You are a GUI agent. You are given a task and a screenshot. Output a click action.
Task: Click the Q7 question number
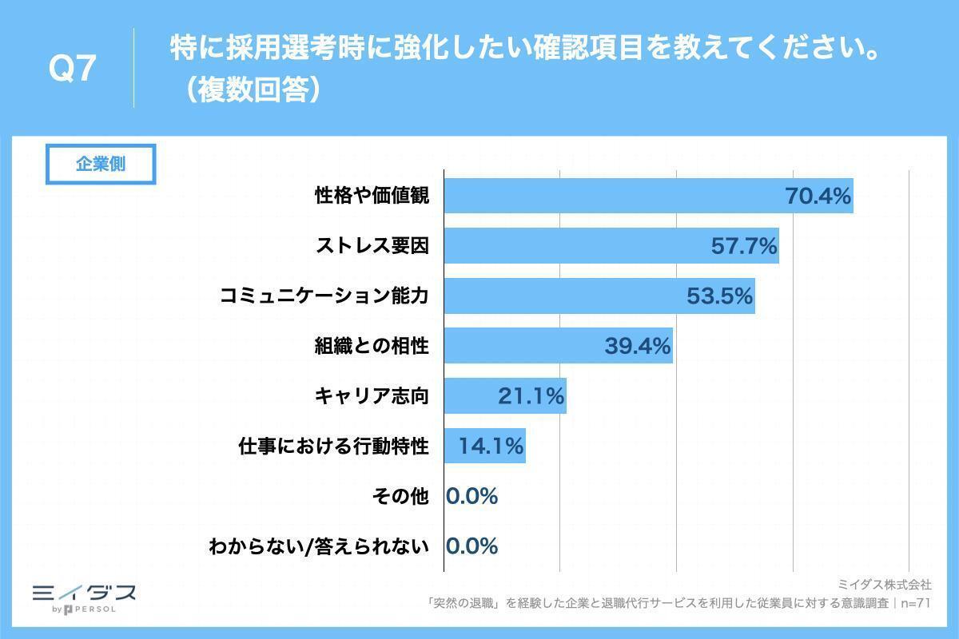pos(73,69)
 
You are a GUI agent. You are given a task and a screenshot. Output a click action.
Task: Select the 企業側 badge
pos(101,165)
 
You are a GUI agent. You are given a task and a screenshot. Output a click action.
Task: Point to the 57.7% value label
pos(744,246)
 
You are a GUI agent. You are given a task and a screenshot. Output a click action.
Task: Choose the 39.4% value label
pos(637,347)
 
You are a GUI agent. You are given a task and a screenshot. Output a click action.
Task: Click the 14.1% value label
pos(491,447)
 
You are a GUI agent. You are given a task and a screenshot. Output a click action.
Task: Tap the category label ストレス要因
pos(372,246)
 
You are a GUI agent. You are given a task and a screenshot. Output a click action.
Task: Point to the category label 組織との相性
pos(372,347)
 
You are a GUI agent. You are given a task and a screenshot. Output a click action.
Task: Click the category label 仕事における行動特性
pos(334,447)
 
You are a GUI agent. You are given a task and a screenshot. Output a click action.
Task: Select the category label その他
pos(400,497)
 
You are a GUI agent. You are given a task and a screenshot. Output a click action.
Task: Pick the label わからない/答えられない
pos(319,547)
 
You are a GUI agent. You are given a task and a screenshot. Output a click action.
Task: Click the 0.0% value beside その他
pos(472,497)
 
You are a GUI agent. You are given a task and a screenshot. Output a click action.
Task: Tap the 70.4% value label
pos(818,196)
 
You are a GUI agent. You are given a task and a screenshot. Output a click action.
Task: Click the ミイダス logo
pos(84,593)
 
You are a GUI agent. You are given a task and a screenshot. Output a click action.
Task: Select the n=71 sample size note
pos(915,604)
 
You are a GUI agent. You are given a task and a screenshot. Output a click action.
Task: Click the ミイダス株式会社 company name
pos(885,585)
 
